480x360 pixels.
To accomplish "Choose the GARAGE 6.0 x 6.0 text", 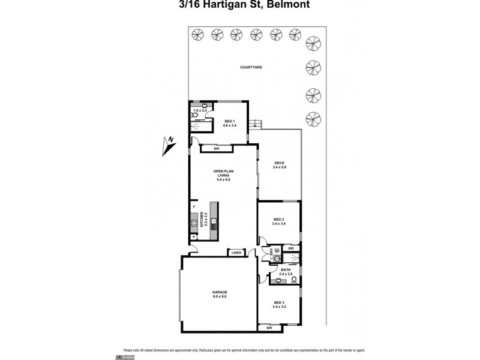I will click(220, 294).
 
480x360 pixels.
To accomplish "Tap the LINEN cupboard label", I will click(236, 253).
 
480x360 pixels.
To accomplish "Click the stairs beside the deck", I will click(257, 124).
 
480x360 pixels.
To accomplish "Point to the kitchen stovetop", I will click(213, 221).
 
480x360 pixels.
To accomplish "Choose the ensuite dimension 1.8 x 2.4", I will click(200, 110).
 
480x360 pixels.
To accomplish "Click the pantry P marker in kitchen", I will click(194, 237).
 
